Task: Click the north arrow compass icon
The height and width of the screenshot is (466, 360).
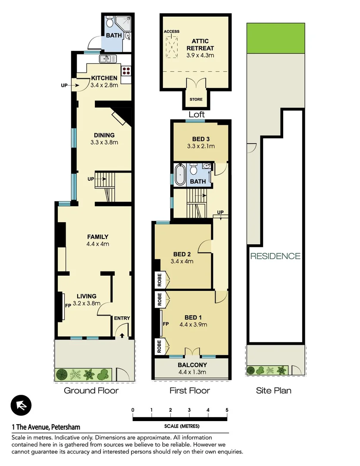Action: point(21,406)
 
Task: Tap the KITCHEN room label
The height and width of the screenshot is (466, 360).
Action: point(104,78)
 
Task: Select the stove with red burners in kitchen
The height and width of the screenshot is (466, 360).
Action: point(126,70)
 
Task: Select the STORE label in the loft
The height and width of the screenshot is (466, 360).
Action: point(196,100)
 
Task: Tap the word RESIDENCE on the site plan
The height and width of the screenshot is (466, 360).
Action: point(275,256)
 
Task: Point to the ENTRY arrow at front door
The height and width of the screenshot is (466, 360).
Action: point(122,334)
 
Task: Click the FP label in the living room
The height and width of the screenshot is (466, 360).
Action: point(68,305)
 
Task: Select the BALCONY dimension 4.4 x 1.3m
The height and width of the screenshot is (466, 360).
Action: point(192,372)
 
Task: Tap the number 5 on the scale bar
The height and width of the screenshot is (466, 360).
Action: point(227,410)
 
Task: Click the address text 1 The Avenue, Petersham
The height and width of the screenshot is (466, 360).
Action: point(46,427)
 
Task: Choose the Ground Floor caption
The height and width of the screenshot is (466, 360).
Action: point(91,391)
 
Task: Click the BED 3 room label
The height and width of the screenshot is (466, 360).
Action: point(200,139)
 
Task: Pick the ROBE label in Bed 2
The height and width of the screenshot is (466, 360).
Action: point(160,280)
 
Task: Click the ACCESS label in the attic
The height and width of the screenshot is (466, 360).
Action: point(171,32)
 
